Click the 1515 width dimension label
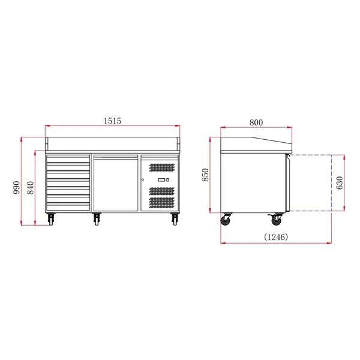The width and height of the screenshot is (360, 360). click(113, 121)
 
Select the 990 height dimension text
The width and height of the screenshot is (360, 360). click(17, 187)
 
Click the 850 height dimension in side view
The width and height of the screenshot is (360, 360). click(205, 175)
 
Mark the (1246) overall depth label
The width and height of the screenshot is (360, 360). click(276, 237)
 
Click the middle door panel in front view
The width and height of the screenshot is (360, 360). click(115, 182)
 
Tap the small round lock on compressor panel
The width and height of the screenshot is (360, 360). click(143, 180)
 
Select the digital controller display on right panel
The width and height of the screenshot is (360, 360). click(163, 180)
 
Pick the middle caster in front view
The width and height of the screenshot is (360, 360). click(97, 220)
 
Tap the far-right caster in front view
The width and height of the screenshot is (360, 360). click(175, 220)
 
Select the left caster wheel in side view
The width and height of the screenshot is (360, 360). click(227, 221)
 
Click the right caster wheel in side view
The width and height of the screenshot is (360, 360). click(277, 221)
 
